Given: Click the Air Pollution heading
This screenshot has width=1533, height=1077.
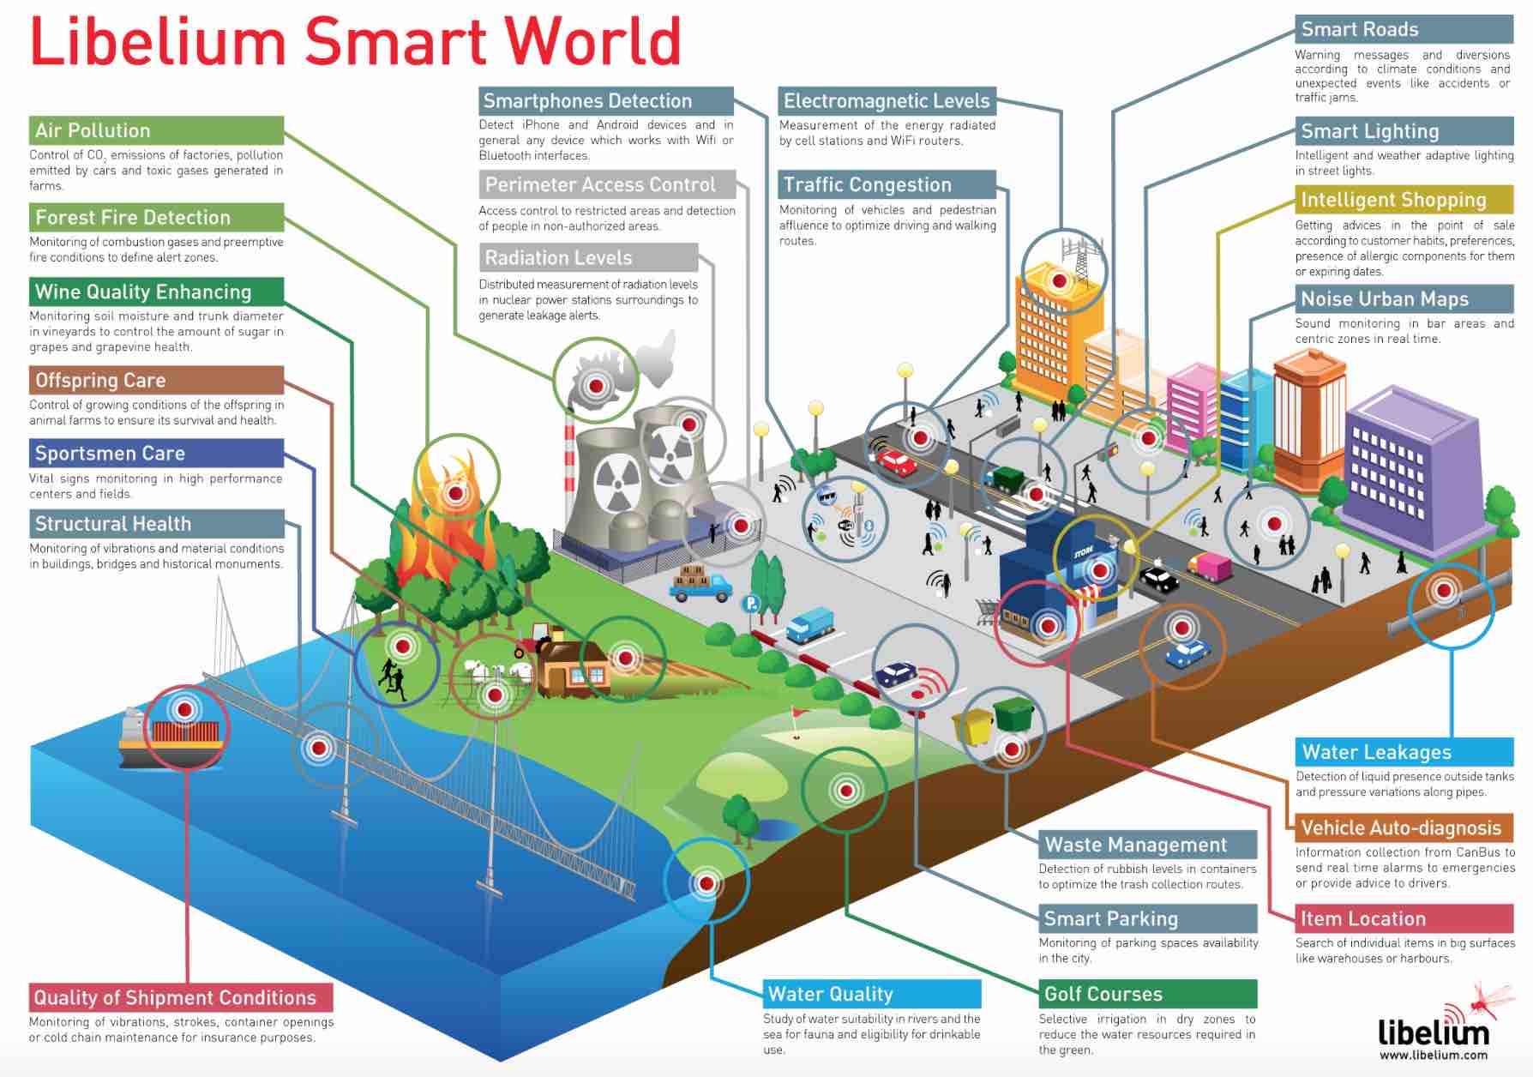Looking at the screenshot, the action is coord(93,130).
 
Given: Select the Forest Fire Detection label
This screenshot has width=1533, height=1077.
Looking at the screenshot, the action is coord(133,217).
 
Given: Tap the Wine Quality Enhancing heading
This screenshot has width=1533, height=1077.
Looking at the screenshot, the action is coord(143,292).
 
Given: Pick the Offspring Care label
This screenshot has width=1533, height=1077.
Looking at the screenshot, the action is coord(100,380).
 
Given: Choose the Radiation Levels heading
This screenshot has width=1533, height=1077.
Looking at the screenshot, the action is coord(558,257).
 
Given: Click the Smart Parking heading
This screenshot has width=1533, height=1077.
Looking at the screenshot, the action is coord(1110,918).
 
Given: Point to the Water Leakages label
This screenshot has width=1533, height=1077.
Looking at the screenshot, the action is coord(1376,752).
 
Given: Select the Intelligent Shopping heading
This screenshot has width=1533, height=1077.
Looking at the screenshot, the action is coord(1393,200).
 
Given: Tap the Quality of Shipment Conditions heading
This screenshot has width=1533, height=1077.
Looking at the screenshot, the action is coord(175,997).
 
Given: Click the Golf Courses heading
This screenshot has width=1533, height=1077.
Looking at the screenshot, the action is coord(1103,994).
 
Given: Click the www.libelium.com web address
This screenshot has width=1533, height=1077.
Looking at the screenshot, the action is coord(1433,1055).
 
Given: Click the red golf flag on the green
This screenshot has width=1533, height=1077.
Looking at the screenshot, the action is coord(797,713).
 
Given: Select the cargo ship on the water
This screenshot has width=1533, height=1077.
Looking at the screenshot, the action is coord(171,737).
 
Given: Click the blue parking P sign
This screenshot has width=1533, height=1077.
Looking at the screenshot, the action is coord(751,603).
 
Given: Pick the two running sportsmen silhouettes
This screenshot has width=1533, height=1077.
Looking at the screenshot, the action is coord(392,680).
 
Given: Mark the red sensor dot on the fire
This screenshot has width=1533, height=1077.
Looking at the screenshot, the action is coord(456,494).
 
